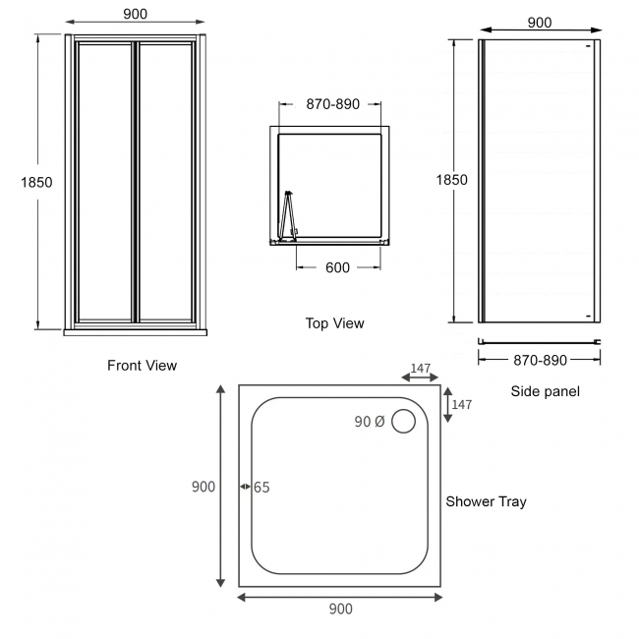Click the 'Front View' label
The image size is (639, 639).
(142, 366)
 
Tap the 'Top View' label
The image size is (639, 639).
(334, 323)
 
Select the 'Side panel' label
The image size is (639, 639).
(545, 391)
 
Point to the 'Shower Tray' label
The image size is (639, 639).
(486, 501)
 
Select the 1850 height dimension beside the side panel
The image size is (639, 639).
(451, 180)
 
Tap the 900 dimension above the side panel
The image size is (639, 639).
(539, 24)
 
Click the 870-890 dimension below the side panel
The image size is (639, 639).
(540, 361)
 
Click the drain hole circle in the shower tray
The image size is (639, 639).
(404, 423)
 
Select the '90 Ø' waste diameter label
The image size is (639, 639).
(369, 422)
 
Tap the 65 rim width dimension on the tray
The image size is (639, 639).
(261, 487)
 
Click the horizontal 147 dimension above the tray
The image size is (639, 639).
(421, 369)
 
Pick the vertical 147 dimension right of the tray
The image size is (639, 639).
(462, 404)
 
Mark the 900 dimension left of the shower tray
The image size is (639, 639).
(203, 487)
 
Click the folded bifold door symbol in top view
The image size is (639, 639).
(288, 215)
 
